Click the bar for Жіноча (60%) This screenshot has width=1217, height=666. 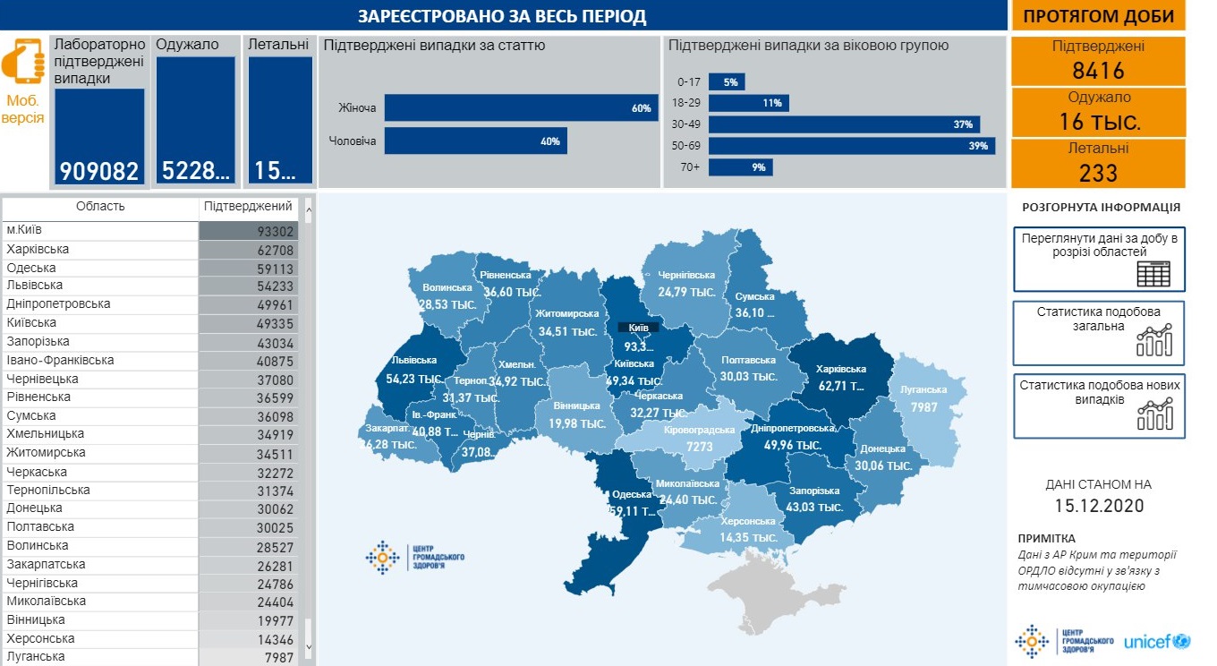[521, 108]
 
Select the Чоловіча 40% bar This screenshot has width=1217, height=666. [475, 141]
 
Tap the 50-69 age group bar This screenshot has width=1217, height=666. [852, 146]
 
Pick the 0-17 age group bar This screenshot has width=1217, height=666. [727, 82]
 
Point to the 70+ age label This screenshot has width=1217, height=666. [691, 167]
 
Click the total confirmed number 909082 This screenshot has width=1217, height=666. [99, 171]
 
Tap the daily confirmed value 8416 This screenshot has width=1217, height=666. [1098, 71]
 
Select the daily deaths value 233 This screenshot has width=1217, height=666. [1098, 172]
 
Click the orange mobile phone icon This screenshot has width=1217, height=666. [23, 61]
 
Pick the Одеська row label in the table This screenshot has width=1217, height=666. [31, 268]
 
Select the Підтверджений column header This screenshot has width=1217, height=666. [248, 207]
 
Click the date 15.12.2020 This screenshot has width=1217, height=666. [1098, 505]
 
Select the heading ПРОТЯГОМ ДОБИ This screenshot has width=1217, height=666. [1098, 16]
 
